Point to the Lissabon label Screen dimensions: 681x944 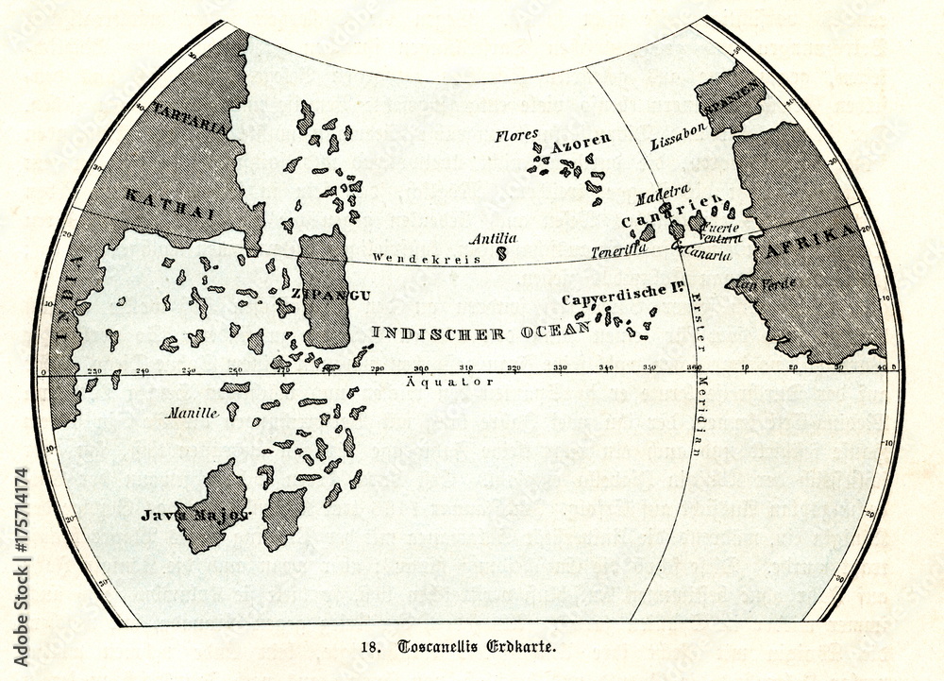point(678,141)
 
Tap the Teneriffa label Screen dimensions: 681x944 point(618,251)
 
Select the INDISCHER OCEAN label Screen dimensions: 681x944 point(480,332)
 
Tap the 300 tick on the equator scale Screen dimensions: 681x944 point(421,367)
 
